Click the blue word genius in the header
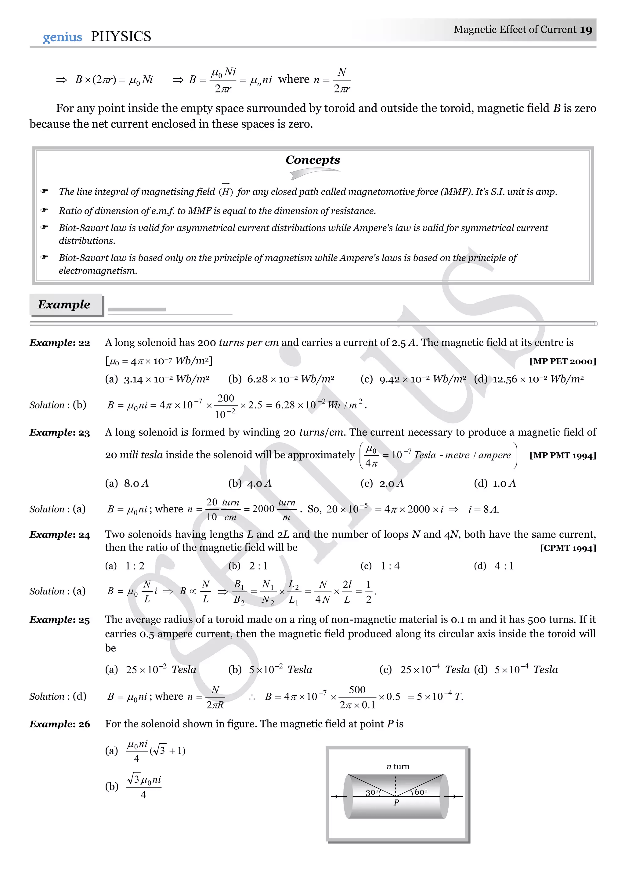click(x=62, y=37)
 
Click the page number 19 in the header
click(x=586, y=30)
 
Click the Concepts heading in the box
click(x=312, y=160)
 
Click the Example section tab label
click(x=64, y=305)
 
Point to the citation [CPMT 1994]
click(x=568, y=548)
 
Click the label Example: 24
click(x=60, y=535)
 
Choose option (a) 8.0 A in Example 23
click(x=127, y=483)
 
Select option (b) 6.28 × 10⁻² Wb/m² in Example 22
click(x=281, y=379)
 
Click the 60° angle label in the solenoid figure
click(x=421, y=792)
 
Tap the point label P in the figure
click(x=396, y=802)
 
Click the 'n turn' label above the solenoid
click(x=398, y=766)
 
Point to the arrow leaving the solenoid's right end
click(x=457, y=796)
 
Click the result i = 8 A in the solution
click(x=483, y=509)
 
